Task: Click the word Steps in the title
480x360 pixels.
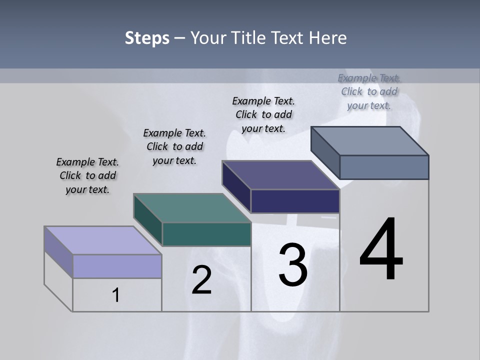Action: [147, 38]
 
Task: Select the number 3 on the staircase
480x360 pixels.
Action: [293, 264]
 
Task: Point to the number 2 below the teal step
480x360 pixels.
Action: [202, 279]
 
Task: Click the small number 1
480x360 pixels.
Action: [116, 295]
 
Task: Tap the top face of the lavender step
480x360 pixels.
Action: [102, 240]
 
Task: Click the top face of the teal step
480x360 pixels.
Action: [192, 208]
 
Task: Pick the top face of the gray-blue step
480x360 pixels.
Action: [370, 141]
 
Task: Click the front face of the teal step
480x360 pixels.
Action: [206, 234]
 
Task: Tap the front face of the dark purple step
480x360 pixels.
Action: [295, 201]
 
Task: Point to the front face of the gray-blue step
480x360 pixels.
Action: [384, 167]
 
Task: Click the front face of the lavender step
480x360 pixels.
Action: [117, 266]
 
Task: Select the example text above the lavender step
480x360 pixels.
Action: [87, 176]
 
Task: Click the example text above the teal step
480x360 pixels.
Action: [174, 146]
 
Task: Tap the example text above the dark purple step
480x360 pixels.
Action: [263, 114]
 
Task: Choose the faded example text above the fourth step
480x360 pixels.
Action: [369, 91]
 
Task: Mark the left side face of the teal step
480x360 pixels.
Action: [148, 220]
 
